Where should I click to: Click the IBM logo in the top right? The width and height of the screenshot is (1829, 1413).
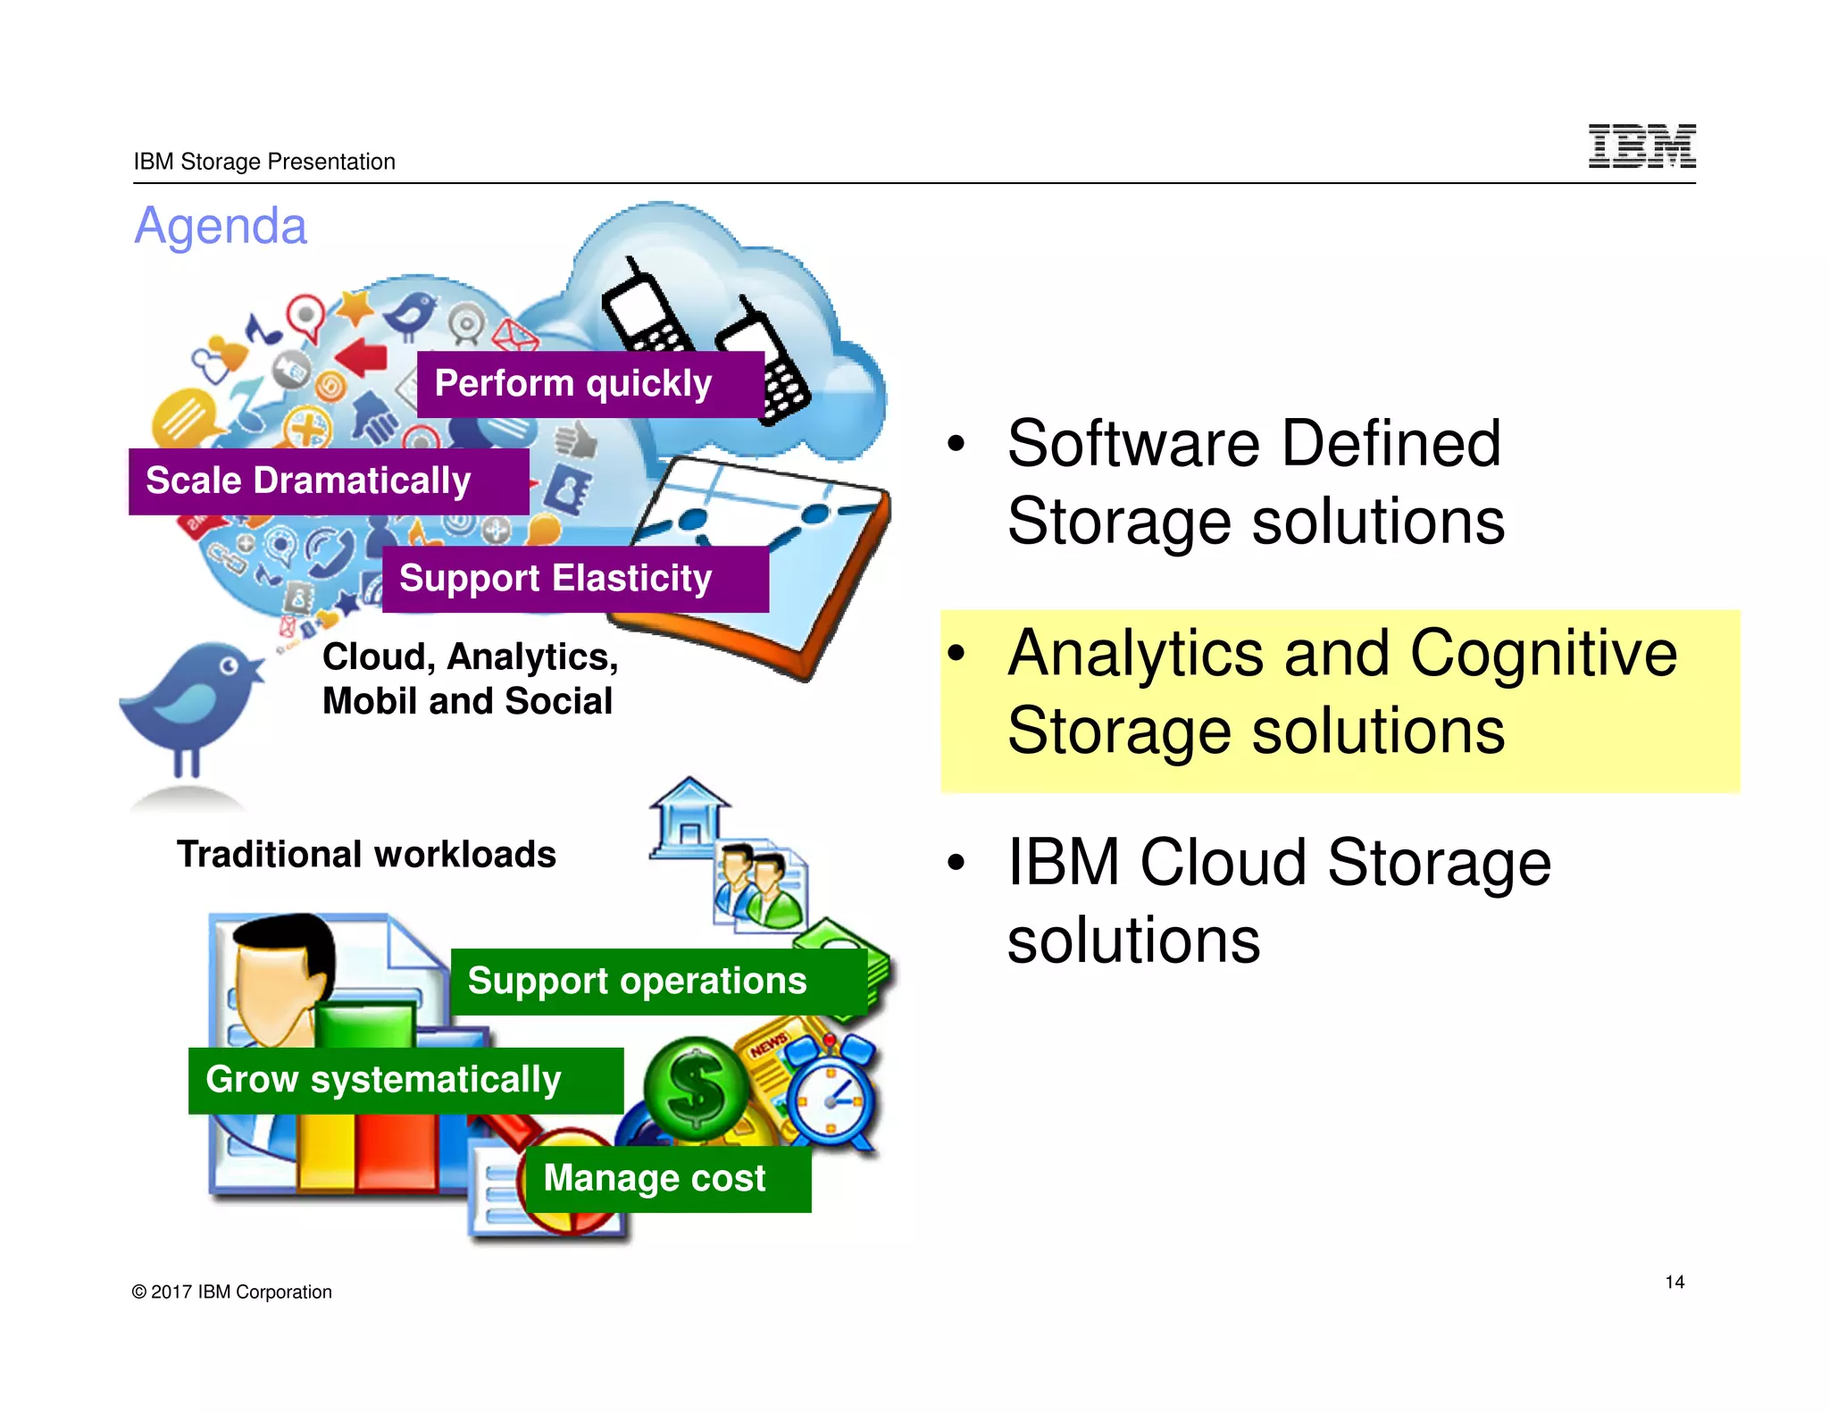point(1641,146)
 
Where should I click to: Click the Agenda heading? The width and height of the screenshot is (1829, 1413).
point(221,226)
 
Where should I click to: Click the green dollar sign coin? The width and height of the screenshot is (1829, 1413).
point(697,1088)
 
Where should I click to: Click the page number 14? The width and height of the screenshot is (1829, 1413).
point(1674,1283)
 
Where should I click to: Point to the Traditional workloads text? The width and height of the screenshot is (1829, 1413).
point(366,855)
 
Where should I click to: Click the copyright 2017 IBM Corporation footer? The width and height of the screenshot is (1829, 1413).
point(231,1292)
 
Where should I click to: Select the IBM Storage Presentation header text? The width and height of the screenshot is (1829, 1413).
point(264,162)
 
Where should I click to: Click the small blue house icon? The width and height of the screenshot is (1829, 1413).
point(689,817)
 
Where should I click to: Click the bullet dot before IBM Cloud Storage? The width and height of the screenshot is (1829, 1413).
point(956,863)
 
